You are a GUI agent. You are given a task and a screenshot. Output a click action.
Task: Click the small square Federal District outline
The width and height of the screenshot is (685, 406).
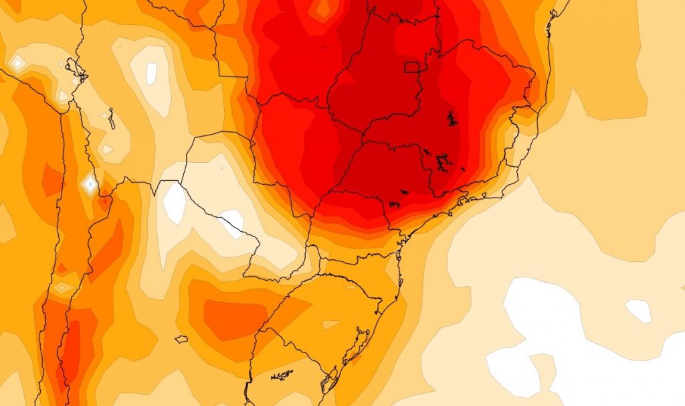click(413, 66)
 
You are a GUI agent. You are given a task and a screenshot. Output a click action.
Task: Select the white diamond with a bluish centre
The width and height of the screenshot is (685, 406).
click(89, 183)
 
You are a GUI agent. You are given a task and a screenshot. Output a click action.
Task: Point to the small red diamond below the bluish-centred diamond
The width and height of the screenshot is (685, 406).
click(104, 200)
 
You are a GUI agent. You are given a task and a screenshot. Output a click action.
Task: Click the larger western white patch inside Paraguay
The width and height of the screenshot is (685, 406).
click(175, 204)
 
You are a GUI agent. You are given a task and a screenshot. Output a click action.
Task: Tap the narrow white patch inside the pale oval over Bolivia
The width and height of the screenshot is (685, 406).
click(151, 72)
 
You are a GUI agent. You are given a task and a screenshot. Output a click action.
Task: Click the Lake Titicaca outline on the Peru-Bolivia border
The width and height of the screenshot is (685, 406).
click(73, 68)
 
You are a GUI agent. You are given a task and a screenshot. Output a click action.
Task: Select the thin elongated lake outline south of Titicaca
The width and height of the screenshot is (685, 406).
click(112, 119)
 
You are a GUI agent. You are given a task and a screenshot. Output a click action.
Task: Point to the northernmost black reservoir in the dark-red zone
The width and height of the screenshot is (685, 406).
click(452, 120)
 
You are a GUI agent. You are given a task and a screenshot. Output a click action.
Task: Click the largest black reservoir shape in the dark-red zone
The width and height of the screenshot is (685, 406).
click(442, 162)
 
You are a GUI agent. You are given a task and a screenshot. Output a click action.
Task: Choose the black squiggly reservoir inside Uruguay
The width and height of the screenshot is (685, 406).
click(282, 375)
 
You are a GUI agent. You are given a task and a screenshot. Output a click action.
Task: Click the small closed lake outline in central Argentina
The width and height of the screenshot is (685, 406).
click(181, 339)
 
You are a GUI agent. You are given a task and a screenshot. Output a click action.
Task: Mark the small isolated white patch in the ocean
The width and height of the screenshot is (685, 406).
click(638, 310)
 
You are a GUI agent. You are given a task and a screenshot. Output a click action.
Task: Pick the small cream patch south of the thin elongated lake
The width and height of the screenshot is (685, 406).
click(107, 149)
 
